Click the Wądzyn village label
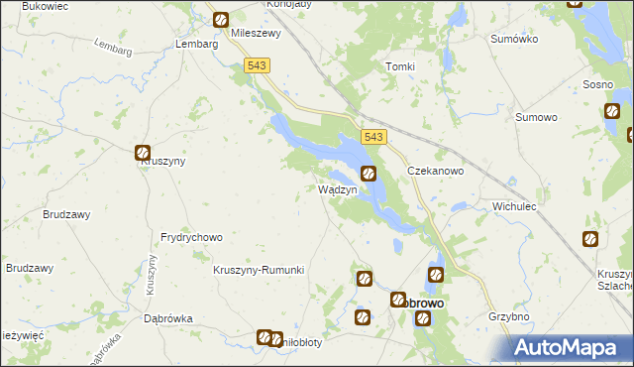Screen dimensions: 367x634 click(336, 189)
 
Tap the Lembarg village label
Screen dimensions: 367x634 click(195, 45)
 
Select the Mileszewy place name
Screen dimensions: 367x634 click(256, 32)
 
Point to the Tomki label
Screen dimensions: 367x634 click(399, 66)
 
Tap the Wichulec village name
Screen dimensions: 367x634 click(514, 206)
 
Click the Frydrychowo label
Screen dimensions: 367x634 click(191, 238)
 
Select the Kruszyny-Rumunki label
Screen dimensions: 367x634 click(259, 270)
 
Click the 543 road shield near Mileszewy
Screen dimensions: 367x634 click(257, 65)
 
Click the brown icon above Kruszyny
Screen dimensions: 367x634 click(143, 153)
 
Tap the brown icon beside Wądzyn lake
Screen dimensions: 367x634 click(369, 174)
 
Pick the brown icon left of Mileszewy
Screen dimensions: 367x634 click(220, 19)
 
